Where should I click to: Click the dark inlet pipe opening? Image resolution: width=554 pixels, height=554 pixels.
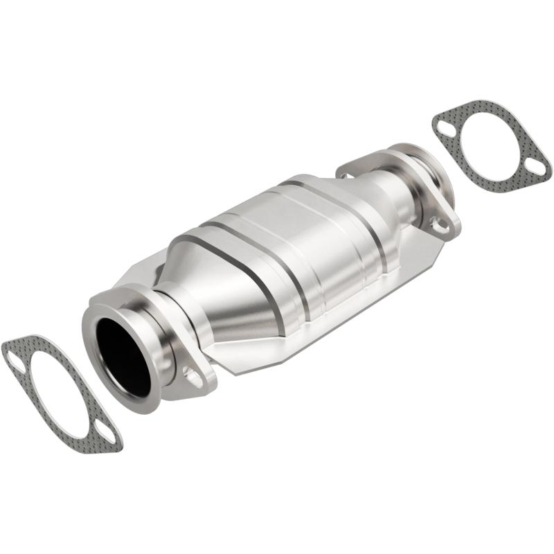pyautogui.click(x=123, y=357)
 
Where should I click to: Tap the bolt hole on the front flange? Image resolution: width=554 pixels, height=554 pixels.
pyautogui.click(x=194, y=377)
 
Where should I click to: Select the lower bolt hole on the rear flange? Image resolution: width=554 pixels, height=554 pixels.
pyautogui.click(x=438, y=224)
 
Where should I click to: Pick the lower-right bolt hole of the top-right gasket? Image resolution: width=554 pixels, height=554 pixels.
pyautogui.click(x=535, y=166)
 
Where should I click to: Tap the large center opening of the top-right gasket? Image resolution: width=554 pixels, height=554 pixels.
pyautogui.click(x=492, y=146)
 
